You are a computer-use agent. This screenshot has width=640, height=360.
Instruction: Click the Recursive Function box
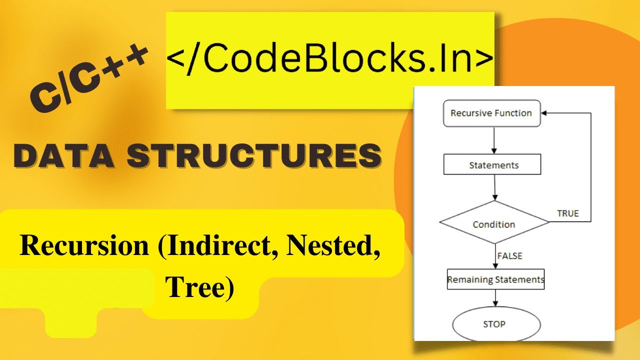coord(490,113)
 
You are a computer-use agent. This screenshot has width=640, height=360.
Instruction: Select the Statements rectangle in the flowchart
coord(492,165)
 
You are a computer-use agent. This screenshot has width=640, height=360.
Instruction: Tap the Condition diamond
coord(494,223)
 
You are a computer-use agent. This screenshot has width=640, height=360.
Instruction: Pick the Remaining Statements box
coord(495,279)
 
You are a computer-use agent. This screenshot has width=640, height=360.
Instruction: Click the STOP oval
coord(495,324)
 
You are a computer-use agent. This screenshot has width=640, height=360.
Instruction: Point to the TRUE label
coord(567,213)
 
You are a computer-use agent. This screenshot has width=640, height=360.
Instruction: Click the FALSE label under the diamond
coord(509,256)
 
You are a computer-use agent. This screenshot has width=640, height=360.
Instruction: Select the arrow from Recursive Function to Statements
coord(494,140)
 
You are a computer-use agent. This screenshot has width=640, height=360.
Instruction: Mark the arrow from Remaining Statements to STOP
coord(495,298)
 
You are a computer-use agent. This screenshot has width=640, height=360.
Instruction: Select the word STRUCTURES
coord(253,156)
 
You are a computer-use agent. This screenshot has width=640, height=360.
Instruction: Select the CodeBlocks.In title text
coord(330,59)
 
